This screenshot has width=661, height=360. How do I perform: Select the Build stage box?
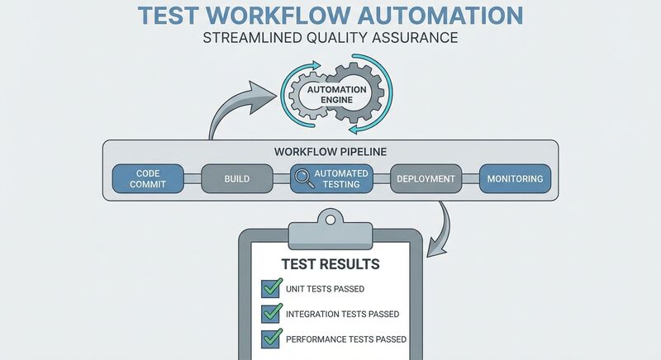tap(236, 178)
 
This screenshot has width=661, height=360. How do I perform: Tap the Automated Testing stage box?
tap(330, 178)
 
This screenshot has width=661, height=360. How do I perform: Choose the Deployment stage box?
tap(426, 178)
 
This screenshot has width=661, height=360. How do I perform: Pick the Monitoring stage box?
tap(515, 178)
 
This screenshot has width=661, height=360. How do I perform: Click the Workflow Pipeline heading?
tap(330, 153)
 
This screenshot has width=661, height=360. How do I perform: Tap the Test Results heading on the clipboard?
tap(330, 265)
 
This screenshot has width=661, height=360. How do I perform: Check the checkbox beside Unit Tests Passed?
tap(272, 288)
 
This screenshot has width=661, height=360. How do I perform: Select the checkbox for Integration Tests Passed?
tap(272, 314)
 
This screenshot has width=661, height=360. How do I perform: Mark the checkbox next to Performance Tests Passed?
tap(272, 339)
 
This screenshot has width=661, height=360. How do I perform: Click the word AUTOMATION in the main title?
tap(440, 17)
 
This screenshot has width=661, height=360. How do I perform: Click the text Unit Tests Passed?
tap(326, 289)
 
